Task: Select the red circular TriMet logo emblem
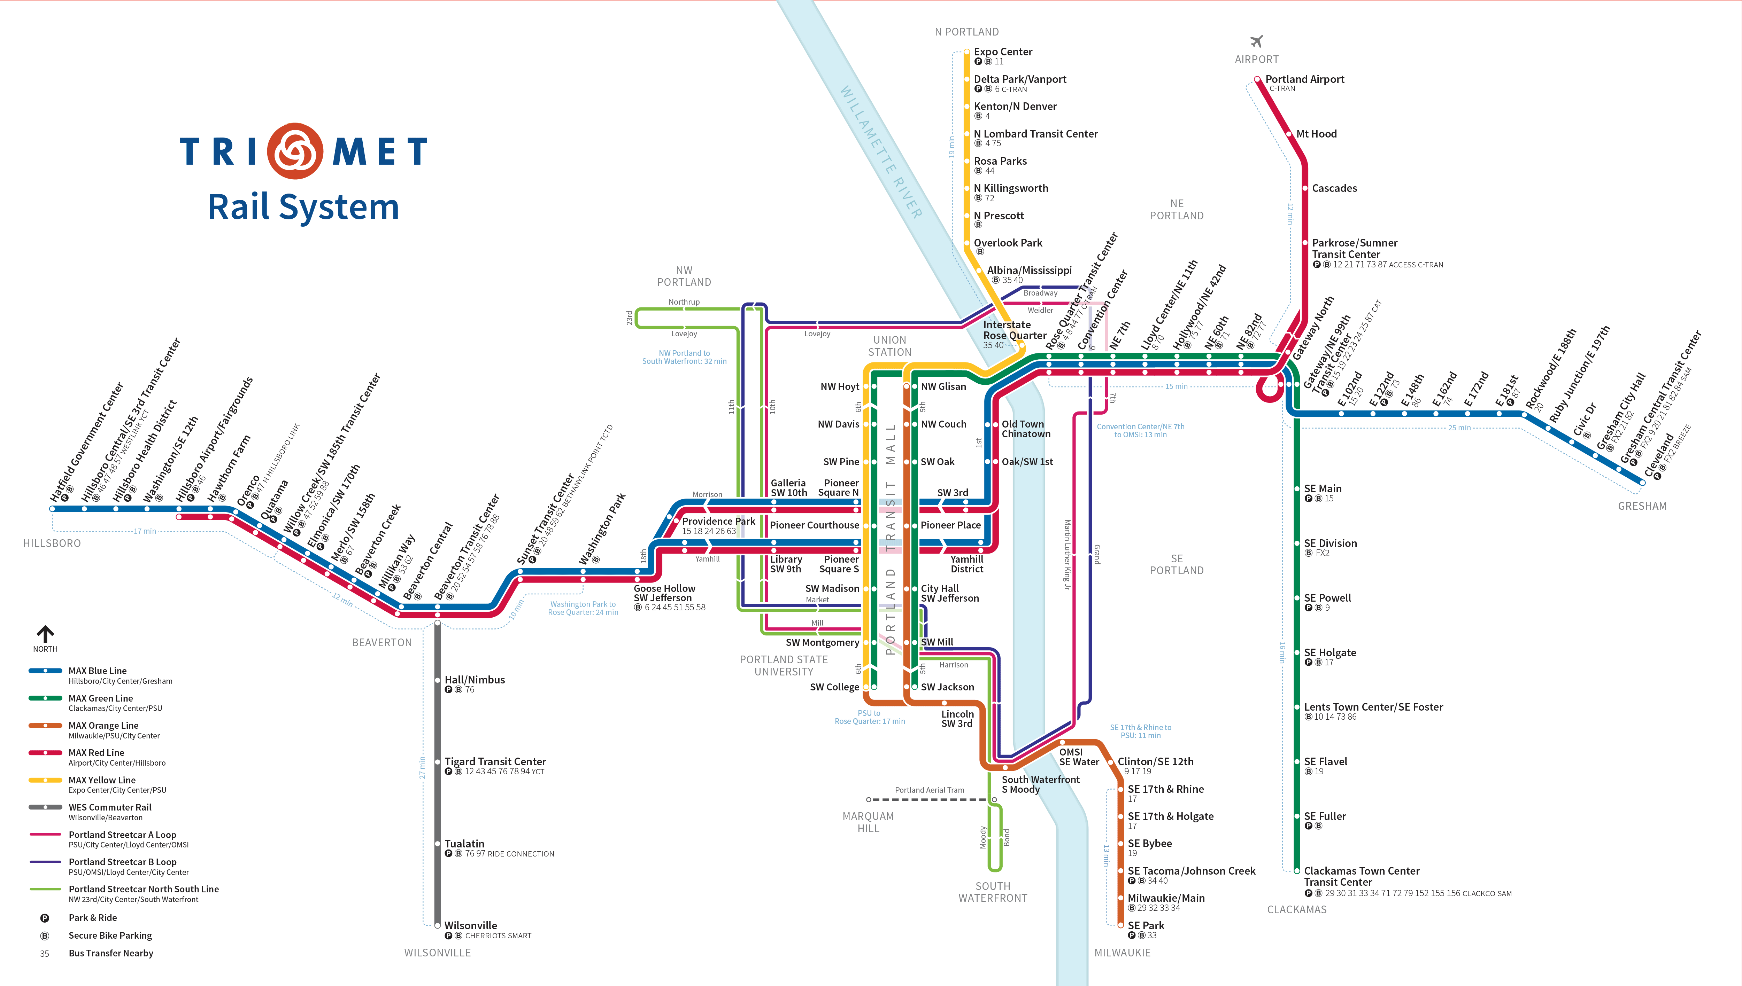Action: pos(295,150)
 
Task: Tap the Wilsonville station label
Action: pos(470,925)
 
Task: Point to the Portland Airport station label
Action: pos(1304,79)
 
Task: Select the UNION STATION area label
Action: pos(889,346)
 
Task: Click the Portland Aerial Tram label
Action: pos(929,790)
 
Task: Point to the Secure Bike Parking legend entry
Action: pos(110,935)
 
